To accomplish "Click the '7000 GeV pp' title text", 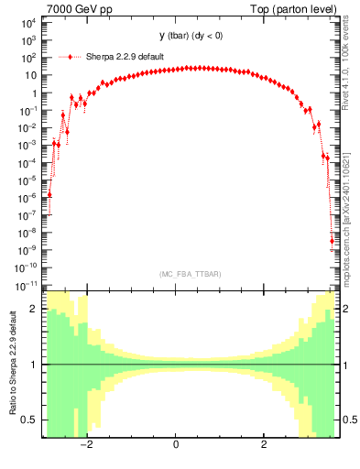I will (x=74, y=9).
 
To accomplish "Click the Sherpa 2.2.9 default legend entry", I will (x=125, y=57).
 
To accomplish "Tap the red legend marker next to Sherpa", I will (x=71, y=57).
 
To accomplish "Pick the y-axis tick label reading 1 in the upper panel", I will (x=35, y=93).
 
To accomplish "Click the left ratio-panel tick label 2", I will (x=34, y=310).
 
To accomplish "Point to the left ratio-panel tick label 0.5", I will (x=30, y=420).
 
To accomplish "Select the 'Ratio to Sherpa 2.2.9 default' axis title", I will (x=11, y=364).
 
